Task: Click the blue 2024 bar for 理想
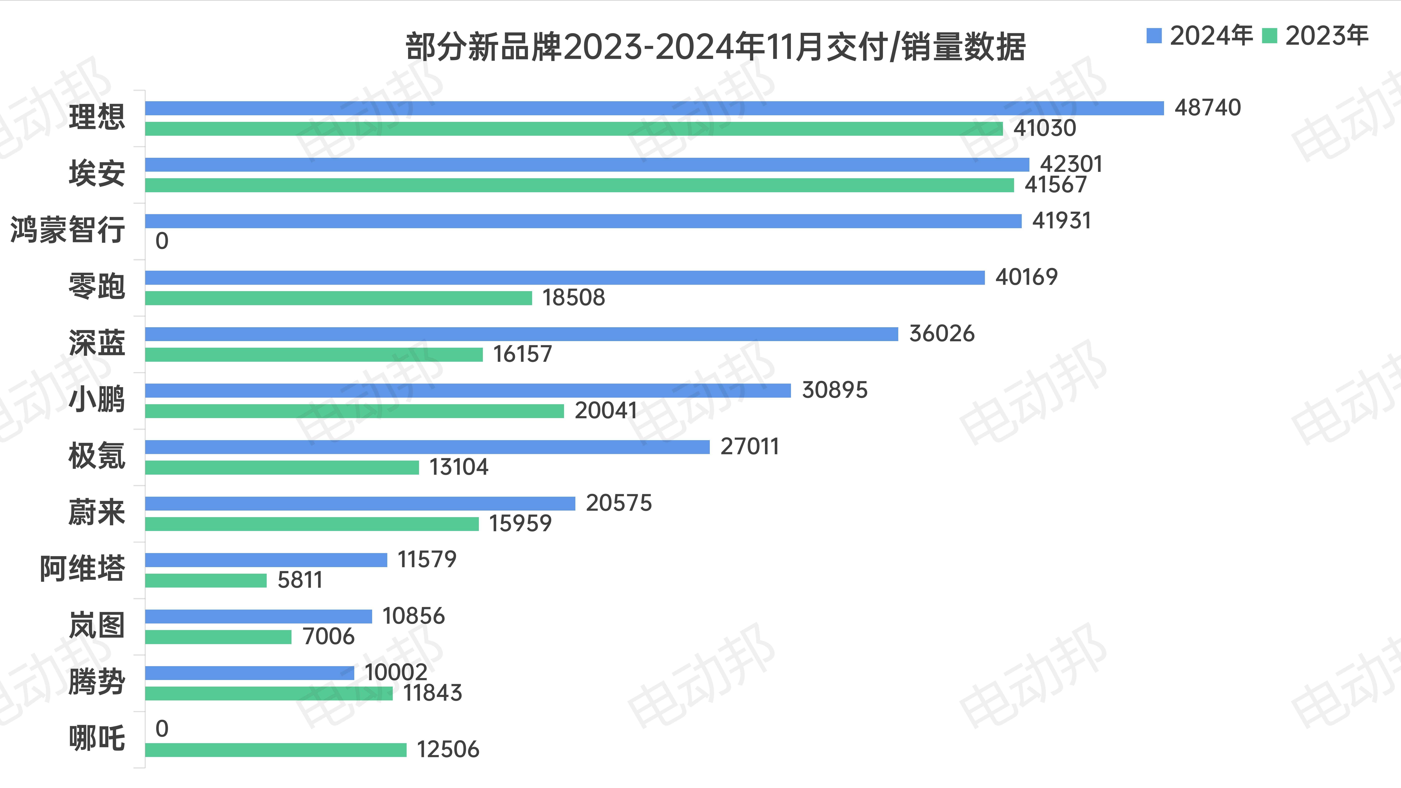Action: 654,108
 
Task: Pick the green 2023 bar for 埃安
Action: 579,186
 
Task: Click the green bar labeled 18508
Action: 338,298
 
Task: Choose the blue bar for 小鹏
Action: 468,391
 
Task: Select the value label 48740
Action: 1207,108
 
